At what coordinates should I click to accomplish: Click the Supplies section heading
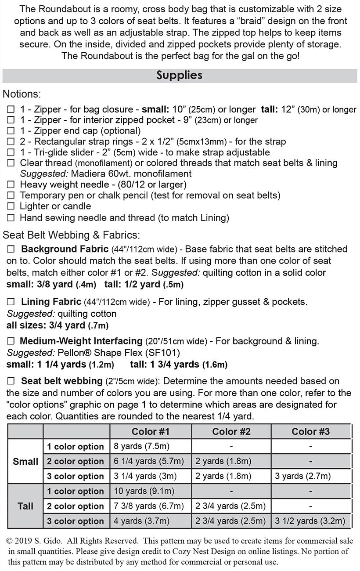coord(179,75)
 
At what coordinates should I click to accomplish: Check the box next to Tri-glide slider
coord(11,152)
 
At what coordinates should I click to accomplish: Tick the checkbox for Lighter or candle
coord(11,206)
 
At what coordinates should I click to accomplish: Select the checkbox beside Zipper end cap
coord(11,131)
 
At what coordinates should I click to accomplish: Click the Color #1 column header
coord(151,431)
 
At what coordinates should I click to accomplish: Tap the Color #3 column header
coord(311,431)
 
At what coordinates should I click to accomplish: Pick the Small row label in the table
coord(25,461)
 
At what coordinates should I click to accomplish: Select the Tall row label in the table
coord(25,506)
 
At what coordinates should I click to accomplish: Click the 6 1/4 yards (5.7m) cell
coord(148,461)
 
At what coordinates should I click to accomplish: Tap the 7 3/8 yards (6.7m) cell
coord(148,506)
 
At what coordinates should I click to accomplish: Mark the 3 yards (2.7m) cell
coord(302,476)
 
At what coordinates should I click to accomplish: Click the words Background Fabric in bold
coord(65,249)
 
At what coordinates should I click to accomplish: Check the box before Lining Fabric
coord(11,302)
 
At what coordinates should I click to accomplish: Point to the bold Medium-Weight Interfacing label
coord(81,341)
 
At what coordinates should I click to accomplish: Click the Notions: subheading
coord(22,94)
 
